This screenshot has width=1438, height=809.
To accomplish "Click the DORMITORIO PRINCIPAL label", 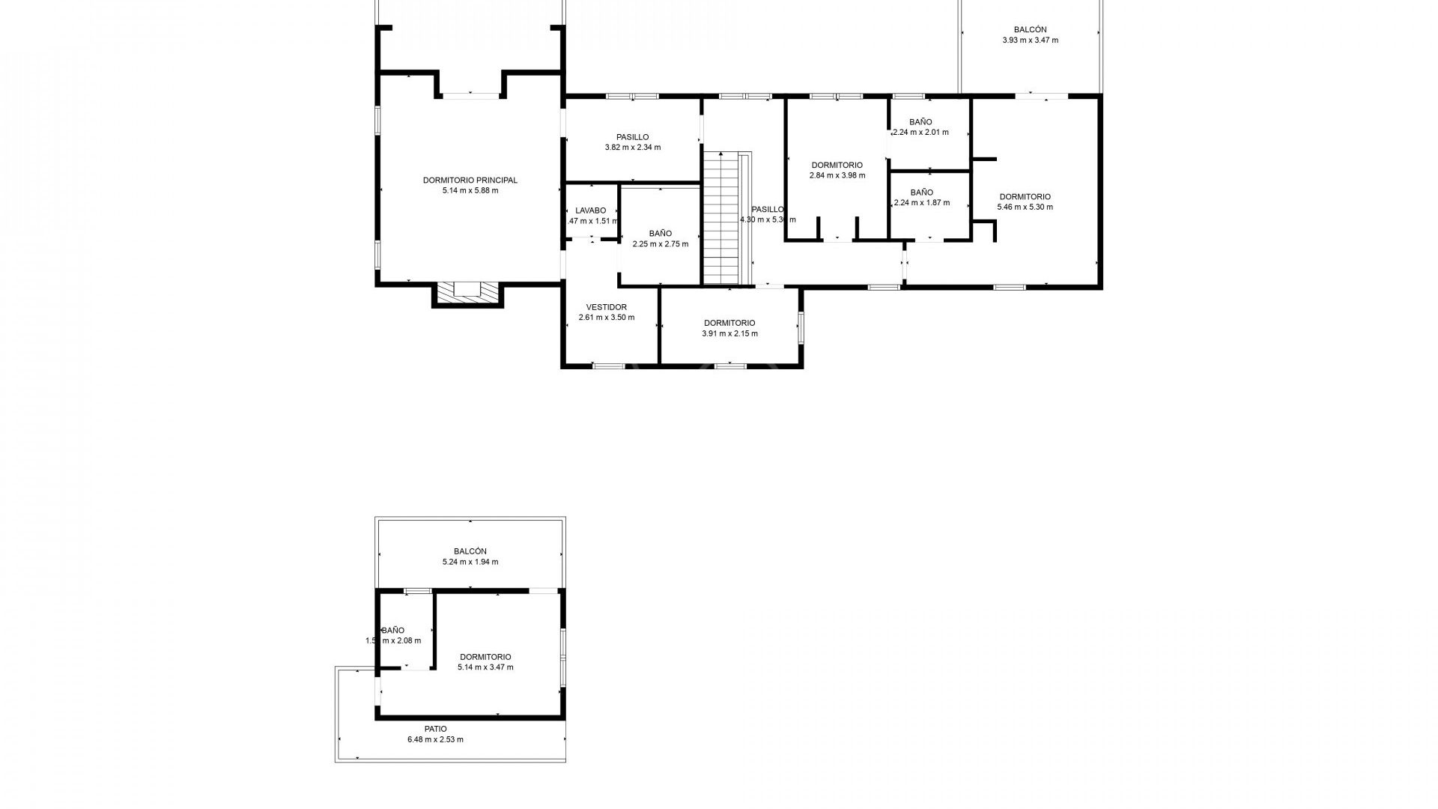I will coord(470,180).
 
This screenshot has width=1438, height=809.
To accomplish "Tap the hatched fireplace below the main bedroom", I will coord(468,292).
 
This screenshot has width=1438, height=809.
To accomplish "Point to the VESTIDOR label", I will coord(606,307).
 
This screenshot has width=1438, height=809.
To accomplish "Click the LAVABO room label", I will coord(591,210).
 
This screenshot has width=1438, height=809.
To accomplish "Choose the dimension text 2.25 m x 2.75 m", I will coord(660,244).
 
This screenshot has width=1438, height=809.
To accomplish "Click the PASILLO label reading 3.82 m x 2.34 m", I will coord(632,137).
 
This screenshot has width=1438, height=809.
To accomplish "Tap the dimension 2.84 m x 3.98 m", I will coord(837,175).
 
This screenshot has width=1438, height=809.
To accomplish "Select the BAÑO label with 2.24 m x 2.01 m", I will coord(920,121).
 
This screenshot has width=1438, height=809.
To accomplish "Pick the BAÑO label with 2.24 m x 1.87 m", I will coord(921,193).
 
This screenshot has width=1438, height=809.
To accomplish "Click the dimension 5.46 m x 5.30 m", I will coord(1025,207).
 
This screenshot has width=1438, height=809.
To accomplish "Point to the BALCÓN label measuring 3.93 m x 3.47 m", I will coord(1030,30).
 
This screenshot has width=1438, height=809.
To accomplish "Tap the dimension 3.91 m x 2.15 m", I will coord(729,333).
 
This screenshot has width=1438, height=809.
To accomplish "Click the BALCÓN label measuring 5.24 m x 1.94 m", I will coord(470,551).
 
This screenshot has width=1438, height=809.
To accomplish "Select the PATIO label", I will coord(435,729).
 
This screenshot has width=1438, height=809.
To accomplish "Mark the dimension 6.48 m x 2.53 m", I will coord(435,739).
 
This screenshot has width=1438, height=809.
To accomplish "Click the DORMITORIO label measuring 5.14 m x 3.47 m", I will coord(485,657).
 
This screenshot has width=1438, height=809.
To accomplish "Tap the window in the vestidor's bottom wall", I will coord(608,366).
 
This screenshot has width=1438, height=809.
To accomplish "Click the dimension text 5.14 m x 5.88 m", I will coord(470,190).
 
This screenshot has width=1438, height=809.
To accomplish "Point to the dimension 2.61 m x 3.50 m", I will coord(606,318).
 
